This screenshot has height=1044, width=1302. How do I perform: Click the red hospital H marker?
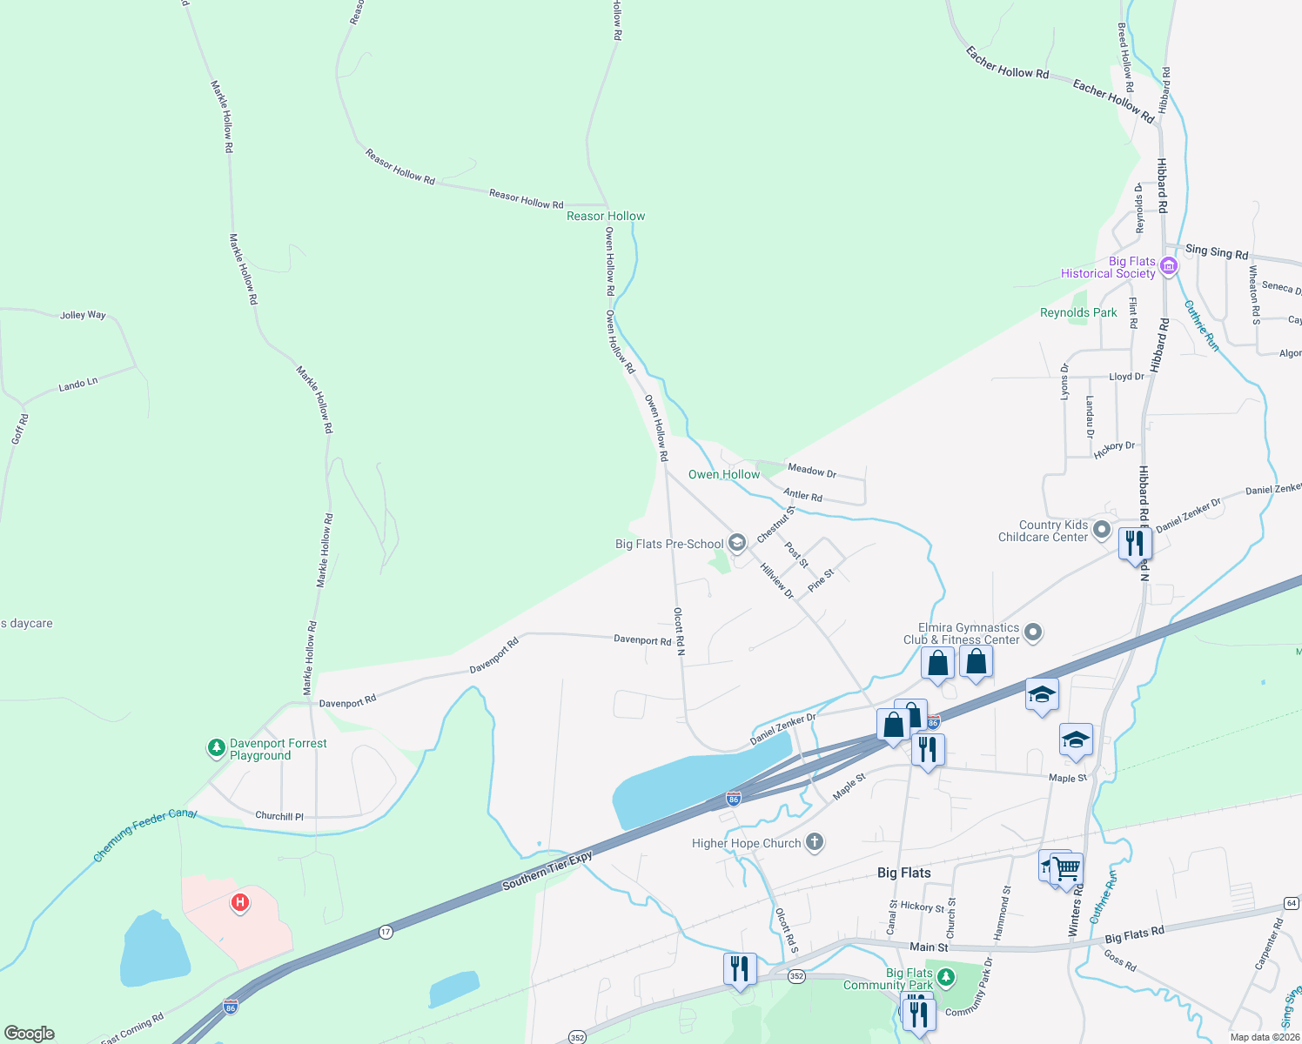click(240, 902)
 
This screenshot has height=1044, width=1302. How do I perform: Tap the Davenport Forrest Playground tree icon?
click(216, 747)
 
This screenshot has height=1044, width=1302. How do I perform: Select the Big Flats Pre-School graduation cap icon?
click(737, 544)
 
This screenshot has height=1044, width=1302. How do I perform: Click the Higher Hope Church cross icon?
click(815, 842)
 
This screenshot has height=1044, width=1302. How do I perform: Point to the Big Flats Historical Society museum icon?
click(1169, 266)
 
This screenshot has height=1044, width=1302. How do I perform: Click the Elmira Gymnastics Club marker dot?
click(1033, 632)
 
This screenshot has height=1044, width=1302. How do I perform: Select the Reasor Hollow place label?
click(606, 216)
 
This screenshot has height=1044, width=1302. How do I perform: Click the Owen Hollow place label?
click(724, 474)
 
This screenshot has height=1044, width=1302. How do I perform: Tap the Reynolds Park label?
click(1078, 312)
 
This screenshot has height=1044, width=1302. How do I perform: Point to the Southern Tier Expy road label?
click(547, 871)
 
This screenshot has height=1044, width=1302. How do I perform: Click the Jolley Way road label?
click(83, 315)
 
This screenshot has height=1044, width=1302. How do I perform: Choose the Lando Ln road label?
click(78, 384)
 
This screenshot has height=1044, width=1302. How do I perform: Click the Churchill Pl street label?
click(279, 816)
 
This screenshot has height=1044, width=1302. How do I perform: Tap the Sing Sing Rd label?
click(1217, 251)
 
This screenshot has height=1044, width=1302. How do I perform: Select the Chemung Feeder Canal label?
click(145, 834)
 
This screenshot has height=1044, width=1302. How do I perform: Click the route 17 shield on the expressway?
click(386, 932)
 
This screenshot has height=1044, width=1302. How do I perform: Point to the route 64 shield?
click(1291, 903)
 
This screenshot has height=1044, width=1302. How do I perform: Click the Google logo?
click(30, 1033)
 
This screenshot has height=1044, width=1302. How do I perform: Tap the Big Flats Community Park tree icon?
click(946, 975)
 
